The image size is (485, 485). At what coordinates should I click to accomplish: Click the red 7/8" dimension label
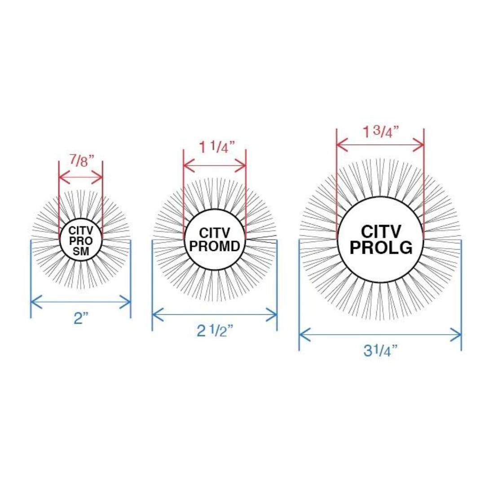(x=81, y=160)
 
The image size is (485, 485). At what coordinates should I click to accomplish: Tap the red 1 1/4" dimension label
(x=217, y=147)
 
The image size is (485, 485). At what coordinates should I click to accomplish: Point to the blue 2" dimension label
(x=81, y=318)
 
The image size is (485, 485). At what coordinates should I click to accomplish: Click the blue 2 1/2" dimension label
(x=215, y=331)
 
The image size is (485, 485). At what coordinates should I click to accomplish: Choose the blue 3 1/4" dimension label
(x=380, y=350)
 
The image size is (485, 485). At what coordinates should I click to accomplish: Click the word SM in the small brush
(x=81, y=251)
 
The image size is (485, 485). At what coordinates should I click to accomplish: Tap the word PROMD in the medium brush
(x=215, y=246)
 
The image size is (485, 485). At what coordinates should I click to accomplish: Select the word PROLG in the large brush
(x=381, y=247)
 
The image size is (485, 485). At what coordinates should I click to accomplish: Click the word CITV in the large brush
(x=381, y=231)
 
